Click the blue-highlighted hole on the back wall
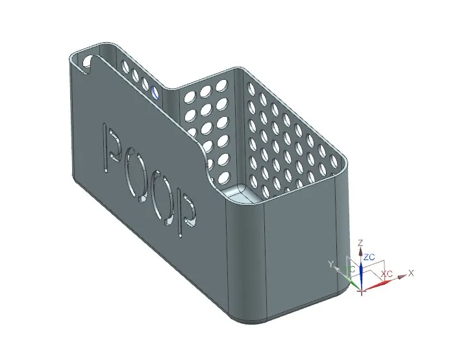(155, 93)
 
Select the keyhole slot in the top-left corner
(86, 64)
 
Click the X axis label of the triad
(411, 273)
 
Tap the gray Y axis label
(331, 264)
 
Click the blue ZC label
(369, 258)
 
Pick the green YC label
(351, 269)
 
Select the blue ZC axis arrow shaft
(362, 269)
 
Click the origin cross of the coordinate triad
(362, 289)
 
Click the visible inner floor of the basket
(242, 193)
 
